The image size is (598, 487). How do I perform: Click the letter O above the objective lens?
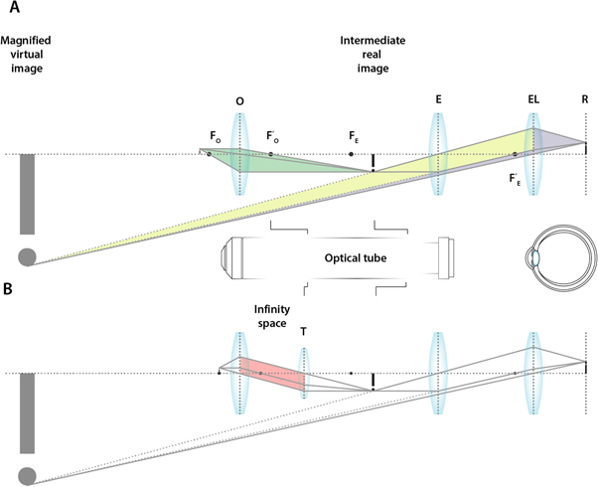tap(238, 101)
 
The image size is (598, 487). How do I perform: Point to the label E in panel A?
tap(438, 101)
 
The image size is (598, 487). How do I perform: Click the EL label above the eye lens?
tap(534, 101)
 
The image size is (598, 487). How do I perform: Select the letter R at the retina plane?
tap(585, 101)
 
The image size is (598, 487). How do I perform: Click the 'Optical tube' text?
tap(354, 257)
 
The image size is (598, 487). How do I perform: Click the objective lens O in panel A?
tap(238, 154)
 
